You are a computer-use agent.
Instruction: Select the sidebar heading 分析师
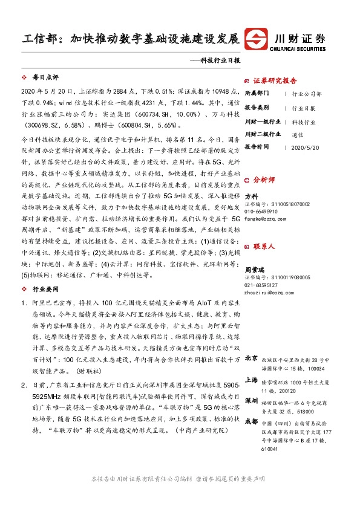263,180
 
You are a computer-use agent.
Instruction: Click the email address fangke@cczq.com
264,220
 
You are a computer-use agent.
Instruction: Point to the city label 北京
251,359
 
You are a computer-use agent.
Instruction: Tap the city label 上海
251,380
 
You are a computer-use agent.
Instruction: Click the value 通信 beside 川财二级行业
297,135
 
